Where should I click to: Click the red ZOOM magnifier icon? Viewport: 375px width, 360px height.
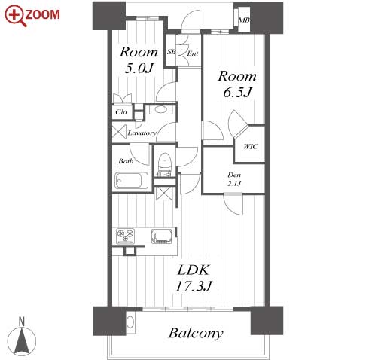point(16,16)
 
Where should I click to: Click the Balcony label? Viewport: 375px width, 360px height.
point(196,334)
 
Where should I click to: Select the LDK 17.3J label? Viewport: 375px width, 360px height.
point(194,278)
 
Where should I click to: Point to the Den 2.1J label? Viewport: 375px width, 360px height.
point(234,179)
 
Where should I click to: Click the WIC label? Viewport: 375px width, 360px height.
point(251,146)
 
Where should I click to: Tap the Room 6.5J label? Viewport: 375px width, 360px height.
point(237,84)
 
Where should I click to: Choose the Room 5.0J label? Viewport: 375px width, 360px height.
point(139,60)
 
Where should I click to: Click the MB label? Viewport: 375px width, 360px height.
point(243,20)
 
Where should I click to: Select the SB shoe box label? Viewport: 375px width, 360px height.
point(172,52)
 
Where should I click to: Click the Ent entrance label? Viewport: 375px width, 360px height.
point(193,53)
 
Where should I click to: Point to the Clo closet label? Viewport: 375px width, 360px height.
point(121,112)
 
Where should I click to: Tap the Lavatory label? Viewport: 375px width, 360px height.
point(142,133)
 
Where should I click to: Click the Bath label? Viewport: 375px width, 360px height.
point(126,161)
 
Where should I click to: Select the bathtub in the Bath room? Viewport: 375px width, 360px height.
point(132,180)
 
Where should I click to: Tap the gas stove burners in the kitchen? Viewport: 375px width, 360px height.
point(126,236)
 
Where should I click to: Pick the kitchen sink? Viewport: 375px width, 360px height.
point(162,236)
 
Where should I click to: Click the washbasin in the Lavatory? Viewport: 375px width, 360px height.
point(160,110)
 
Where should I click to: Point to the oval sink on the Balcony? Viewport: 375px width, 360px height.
point(130,322)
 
